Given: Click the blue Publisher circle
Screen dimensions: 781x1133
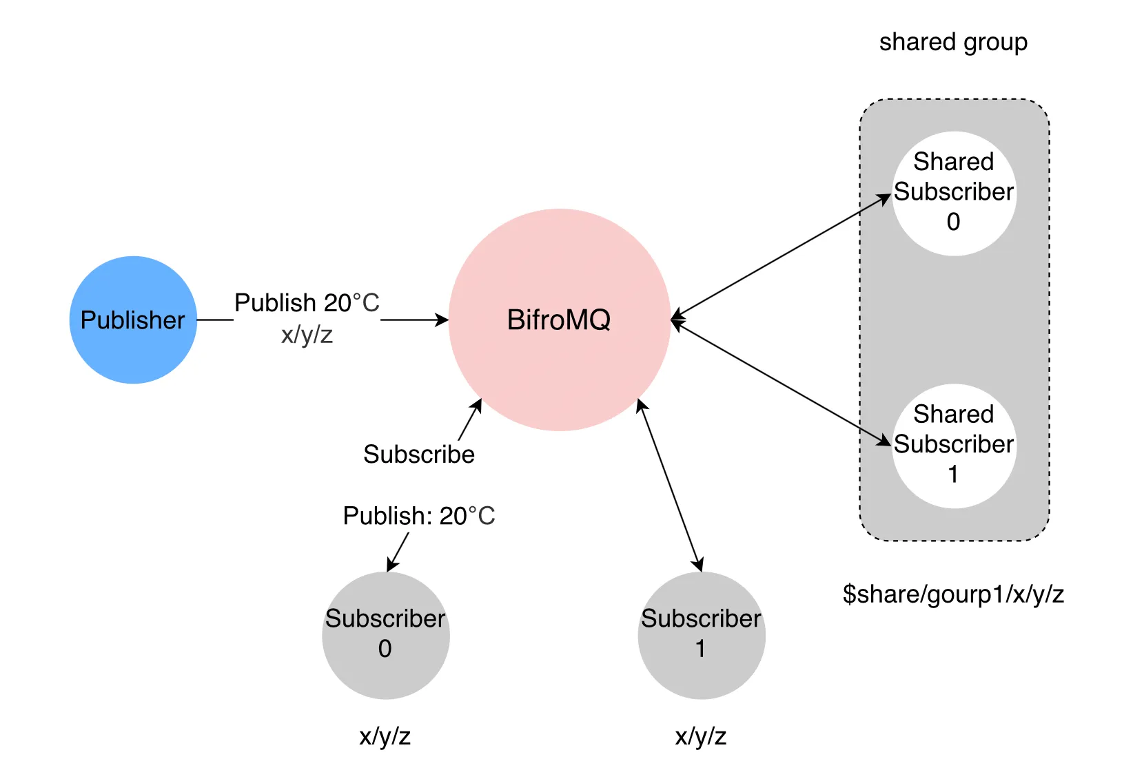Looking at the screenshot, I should [x=133, y=320].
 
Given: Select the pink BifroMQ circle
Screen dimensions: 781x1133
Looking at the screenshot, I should [x=559, y=320].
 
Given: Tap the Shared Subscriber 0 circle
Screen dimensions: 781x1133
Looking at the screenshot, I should [x=954, y=194].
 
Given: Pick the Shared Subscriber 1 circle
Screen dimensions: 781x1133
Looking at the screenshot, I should [x=954, y=446].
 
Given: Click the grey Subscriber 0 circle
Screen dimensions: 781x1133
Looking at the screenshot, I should [x=385, y=635].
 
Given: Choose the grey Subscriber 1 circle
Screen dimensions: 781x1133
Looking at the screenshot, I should [x=701, y=635].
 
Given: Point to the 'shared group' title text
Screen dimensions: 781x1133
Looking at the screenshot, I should [x=953, y=42].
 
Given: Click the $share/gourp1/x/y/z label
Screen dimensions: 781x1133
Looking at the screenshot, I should [x=953, y=594].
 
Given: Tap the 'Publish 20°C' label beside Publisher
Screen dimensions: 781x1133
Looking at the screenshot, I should [x=307, y=303].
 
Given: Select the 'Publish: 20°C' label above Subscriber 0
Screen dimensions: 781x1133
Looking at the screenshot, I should [x=419, y=516].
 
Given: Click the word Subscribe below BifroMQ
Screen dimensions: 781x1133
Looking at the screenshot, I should [x=419, y=455].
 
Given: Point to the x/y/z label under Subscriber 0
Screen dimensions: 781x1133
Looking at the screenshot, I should [x=385, y=736].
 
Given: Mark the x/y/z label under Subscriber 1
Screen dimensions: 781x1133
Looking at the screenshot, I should [x=701, y=736].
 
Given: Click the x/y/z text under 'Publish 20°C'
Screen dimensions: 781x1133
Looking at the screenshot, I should [x=307, y=335].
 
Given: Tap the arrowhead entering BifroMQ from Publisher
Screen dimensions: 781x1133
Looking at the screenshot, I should [x=442, y=320].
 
